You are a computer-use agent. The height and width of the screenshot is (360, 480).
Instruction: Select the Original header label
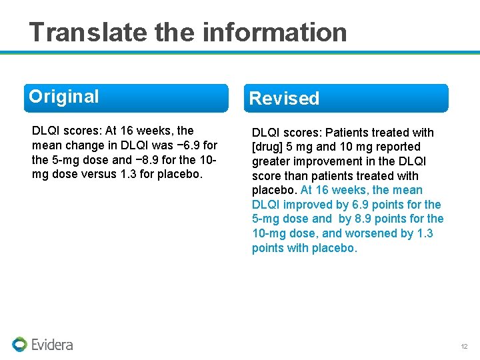tap(64, 97)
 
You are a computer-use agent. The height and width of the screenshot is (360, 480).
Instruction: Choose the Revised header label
tap(284, 99)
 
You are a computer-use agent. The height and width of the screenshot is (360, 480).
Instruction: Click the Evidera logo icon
tap(19, 344)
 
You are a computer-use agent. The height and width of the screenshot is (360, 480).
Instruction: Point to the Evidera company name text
tap(52, 345)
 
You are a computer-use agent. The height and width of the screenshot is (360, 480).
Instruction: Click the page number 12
tap(464, 347)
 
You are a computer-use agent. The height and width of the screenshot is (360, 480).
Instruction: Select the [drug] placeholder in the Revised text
tap(269, 147)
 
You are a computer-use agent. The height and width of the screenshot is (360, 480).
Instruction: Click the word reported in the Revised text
tap(398, 147)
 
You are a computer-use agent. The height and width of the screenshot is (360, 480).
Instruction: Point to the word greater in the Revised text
tap(272, 161)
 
